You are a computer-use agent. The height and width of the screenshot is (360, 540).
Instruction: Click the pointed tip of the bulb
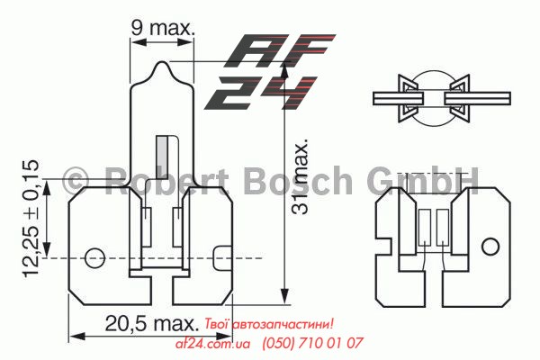point(163,65)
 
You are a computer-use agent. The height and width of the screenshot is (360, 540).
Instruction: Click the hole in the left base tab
point(94,258)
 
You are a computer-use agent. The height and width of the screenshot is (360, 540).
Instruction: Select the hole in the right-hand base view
point(490,247)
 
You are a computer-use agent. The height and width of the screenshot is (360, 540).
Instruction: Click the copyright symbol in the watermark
point(77,180)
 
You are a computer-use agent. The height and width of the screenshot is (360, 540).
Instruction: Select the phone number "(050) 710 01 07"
point(312,343)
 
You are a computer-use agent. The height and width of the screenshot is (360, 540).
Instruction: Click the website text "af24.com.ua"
point(206,343)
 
